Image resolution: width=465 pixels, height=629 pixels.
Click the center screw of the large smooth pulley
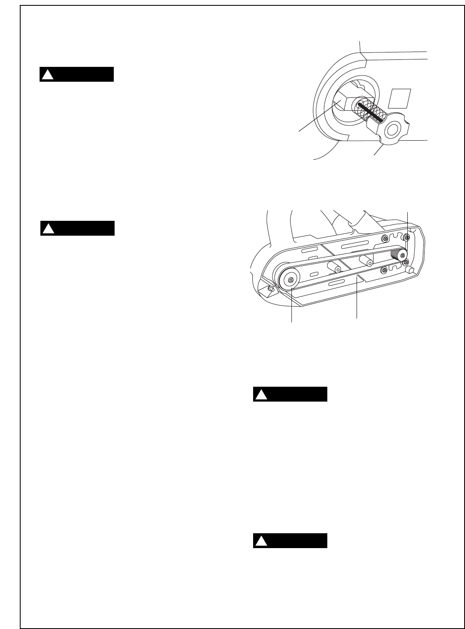291,280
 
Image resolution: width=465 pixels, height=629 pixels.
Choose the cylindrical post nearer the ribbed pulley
366,260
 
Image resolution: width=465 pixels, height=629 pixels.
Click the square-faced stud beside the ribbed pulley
411,270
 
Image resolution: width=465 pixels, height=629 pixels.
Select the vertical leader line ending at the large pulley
292,305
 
